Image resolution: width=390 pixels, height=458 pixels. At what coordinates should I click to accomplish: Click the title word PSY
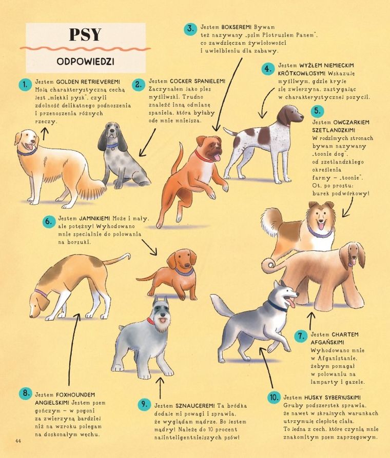point(85,34)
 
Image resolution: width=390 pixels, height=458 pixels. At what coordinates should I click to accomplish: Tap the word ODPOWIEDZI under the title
point(85,62)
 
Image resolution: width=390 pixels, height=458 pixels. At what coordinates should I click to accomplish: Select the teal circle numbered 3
point(190,29)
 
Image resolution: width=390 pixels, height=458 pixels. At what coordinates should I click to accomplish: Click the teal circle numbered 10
point(274,397)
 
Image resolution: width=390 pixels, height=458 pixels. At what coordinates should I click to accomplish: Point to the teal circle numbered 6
point(49,222)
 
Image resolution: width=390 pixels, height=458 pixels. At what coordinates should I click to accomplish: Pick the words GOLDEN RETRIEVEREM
point(88,82)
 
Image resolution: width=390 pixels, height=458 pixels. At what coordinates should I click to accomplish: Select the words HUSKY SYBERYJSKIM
point(333,397)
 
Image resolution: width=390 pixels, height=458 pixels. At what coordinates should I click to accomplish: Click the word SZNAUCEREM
point(195,406)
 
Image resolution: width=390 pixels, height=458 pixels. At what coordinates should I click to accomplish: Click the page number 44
point(18,441)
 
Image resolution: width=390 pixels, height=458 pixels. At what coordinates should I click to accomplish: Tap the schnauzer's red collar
point(150,321)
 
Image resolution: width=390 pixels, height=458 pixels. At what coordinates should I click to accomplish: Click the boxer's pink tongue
point(217,158)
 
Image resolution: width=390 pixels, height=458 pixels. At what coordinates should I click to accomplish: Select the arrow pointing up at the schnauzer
point(160,388)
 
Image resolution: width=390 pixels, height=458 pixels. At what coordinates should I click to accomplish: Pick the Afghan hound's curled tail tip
point(269,266)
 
